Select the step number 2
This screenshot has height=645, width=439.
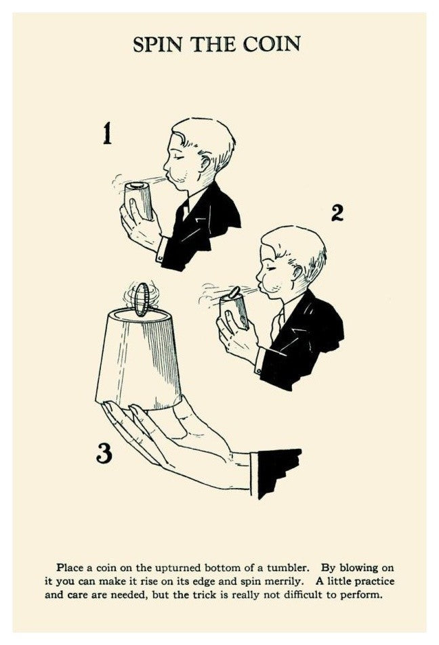[337, 213]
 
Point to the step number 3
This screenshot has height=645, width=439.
[104, 453]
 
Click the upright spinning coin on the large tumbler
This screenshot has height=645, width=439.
[142, 299]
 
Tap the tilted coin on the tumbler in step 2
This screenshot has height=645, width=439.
[234, 292]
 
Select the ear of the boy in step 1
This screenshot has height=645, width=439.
[205, 163]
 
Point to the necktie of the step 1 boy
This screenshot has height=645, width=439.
[184, 208]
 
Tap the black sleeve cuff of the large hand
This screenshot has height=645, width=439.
[276, 472]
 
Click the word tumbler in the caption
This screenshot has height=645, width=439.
[288, 568]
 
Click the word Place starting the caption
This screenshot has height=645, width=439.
[70, 568]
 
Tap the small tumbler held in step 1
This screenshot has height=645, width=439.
[139, 201]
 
